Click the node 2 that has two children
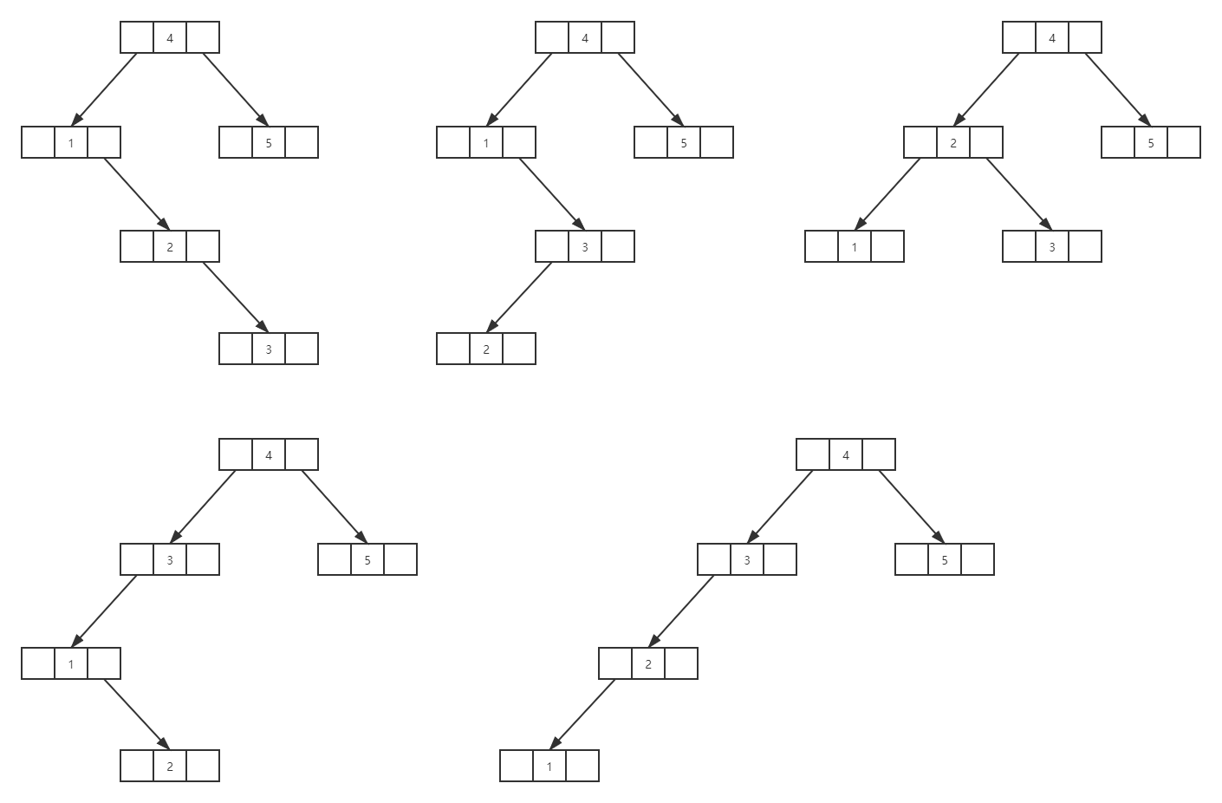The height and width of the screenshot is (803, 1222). coord(953,142)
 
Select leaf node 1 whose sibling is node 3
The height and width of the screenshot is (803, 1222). coord(855,246)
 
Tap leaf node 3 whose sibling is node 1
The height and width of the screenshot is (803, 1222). coord(1052,246)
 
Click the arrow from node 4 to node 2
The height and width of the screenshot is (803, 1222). coord(986,89)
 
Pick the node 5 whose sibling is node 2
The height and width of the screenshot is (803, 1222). coord(1151,142)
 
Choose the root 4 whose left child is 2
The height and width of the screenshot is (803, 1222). coord(1052,37)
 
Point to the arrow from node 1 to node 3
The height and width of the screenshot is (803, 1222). coord(552,194)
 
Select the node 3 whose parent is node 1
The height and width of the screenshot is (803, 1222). coord(585,246)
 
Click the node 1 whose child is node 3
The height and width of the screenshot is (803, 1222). coord(486,142)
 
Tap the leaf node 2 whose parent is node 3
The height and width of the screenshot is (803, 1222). coord(486,349)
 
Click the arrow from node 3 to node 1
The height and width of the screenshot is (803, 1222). coord(104,611)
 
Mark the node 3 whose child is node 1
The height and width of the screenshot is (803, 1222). coord(170,559)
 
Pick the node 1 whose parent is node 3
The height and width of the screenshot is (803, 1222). coord(71,663)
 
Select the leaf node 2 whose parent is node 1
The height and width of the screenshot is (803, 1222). coord(170,766)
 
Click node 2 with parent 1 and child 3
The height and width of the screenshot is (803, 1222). coord(170,246)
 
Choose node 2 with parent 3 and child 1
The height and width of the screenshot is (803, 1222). coord(648,663)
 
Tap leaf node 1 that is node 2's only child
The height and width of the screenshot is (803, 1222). coord(549,766)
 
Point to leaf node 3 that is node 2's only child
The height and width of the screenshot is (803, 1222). coord(269,349)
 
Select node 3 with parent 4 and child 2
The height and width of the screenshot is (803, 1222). coord(747,559)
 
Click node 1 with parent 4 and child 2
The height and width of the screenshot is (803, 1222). coord(71,142)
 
